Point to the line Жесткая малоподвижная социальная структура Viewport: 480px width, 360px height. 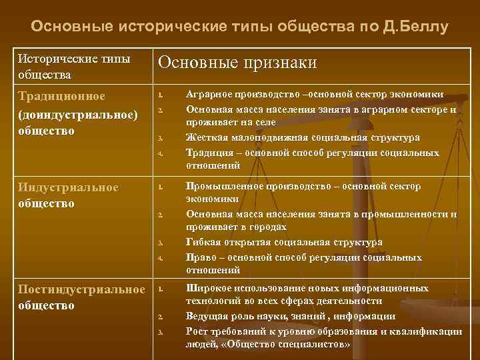point(303,137)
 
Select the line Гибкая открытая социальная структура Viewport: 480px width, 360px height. point(284,243)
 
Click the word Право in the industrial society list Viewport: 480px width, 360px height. point(201,257)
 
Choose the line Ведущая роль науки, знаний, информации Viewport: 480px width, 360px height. point(291,317)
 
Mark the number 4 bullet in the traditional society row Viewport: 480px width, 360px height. point(161,154)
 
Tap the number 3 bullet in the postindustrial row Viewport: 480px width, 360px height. point(161,332)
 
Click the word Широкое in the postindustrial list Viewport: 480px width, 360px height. point(209,288)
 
